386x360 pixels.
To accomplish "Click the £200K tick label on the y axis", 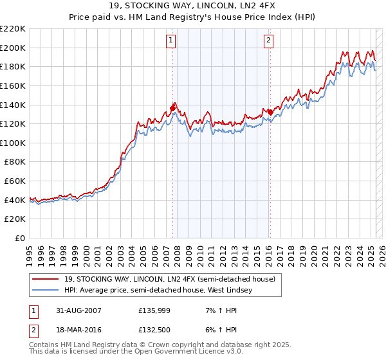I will (x=13, y=48).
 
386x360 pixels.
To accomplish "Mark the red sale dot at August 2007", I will (x=173, y=108).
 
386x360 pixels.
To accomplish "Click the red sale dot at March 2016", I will (x=270, y=112).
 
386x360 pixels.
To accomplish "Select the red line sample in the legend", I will (x=46, y=279).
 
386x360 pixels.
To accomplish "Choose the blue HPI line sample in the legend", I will (x=46, y=290).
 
